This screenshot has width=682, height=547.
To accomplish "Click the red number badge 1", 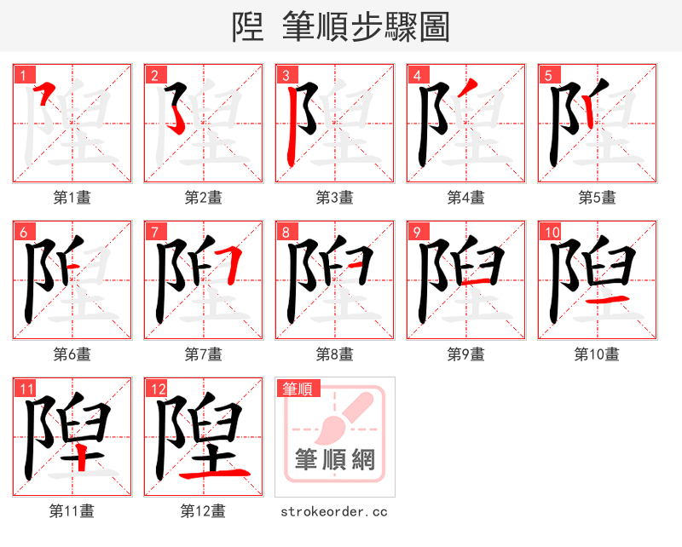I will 22,75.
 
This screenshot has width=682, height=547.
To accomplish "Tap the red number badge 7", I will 153,232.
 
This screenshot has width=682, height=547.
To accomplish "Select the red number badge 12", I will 155,389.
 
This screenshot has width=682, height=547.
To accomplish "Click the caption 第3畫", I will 334,198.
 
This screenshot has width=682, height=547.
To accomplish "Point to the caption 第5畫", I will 597,198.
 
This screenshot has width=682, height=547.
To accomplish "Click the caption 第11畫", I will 72,511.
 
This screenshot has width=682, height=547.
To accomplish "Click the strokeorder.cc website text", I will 334,511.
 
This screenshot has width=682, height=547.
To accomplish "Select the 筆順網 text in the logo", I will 334,460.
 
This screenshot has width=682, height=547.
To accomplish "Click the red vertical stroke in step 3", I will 292,128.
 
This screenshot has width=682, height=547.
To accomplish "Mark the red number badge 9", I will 416,232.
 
